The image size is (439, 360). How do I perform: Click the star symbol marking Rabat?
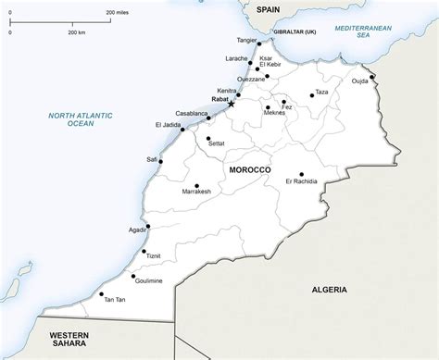[x=231, y=104]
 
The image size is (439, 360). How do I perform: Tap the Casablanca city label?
[x=188, y=114]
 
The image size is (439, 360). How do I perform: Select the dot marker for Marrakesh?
[x=196, y=184]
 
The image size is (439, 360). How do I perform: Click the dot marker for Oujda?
[x=372, y=78]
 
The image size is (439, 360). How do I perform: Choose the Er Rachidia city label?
[x=301, y=180]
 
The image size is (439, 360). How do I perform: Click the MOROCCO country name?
[x=247, y=170]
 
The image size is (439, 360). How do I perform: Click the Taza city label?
[x=321, y=93]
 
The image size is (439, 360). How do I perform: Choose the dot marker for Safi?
[x=160, y=162]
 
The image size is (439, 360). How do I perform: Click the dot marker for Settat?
[x=208, y=138]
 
